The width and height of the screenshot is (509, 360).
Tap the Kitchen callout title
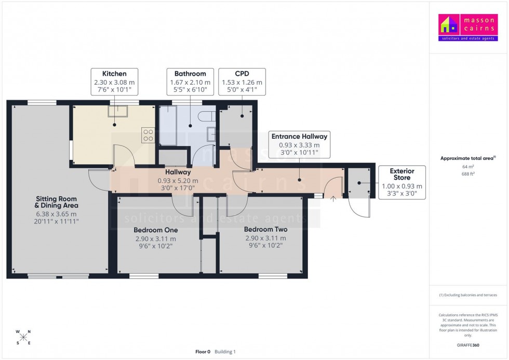[x=114, y=74]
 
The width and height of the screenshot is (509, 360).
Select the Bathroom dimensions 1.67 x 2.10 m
[x=190, y=82]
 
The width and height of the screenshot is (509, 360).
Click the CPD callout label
[x=242, y=74]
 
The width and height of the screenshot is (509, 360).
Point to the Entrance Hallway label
[x=299, y=137]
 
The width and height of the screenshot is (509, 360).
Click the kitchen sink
[x=117, y=111]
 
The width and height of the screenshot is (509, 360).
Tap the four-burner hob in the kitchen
[x=148, y=135]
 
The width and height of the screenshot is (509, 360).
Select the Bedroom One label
[x=155, y=230]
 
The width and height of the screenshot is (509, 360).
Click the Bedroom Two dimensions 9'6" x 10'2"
[x=266, y=246]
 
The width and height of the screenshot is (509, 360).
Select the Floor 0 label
[x=203, y=352]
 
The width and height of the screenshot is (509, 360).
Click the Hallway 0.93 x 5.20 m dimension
[x=178, y=180]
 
